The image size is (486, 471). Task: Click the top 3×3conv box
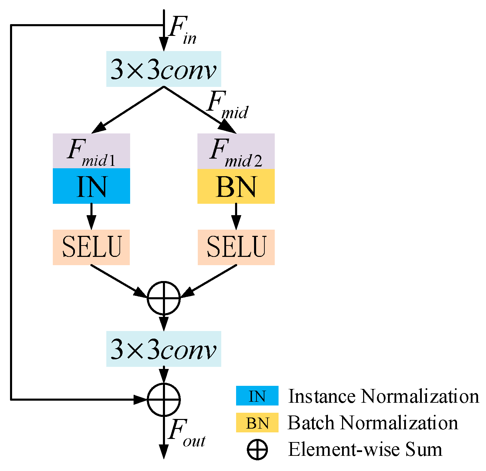click(x=163, y=69)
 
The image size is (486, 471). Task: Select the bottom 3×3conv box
click(x=163, y=349)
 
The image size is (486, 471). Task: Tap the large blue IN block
click(x=91, y=186)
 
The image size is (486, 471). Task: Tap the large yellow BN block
click(x=236, y=186)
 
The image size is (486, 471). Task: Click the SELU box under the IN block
click(x=91, y=247)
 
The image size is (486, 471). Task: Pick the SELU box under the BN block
click(x=236, y=247)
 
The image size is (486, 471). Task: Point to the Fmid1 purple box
click(x=91, y=151)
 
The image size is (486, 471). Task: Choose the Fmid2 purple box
click(x=236, y=151)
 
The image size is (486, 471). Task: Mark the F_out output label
click(x=186, y=433)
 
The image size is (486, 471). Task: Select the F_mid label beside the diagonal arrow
click(x=227, y=105)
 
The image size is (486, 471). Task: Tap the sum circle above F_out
click(x=164, y=399)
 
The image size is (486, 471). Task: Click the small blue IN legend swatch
click(x=257, y=396)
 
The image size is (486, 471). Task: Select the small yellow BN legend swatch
click(x=257, y=423)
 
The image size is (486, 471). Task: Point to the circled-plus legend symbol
click(x=257, y=450)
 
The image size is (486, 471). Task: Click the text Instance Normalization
click(x=383, y=396)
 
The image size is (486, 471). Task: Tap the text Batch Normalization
click(x=373, y=423)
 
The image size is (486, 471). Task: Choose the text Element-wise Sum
click(x=365, y=450)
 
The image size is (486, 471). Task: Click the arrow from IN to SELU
click(x=91, y=217)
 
